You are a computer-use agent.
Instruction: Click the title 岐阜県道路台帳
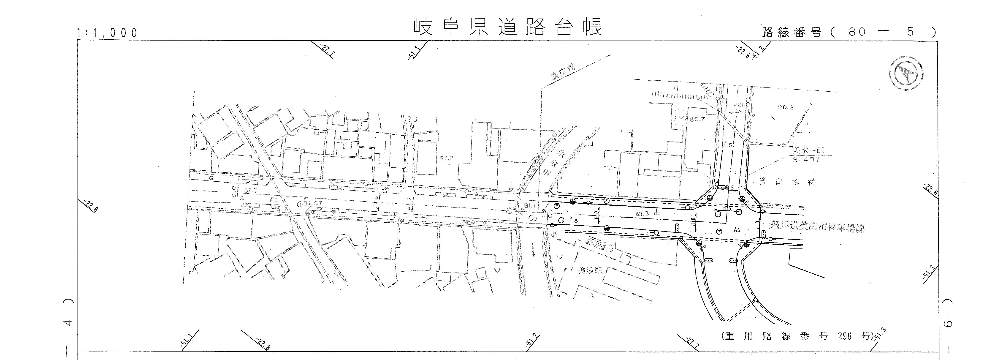tap(508, 27)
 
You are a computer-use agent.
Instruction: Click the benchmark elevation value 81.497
tap(806, 160)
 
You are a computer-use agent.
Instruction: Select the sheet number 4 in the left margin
tap(68, 323)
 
